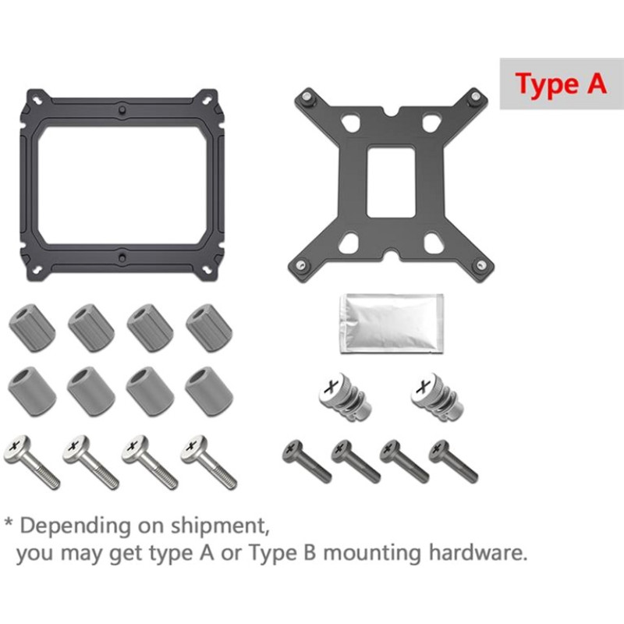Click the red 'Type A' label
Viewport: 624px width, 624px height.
pos(561,83)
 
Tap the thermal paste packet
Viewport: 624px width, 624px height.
pos(392,324)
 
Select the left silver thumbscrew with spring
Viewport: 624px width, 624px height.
pos(345,396)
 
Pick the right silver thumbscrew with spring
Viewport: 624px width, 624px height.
pos(437,396)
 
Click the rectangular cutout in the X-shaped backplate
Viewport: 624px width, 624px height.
pos(391,183)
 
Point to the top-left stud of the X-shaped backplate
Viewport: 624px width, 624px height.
pos(306,96)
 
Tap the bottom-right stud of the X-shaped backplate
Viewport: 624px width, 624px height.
pos(480,264)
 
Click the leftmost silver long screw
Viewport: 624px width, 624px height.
pos(31,461)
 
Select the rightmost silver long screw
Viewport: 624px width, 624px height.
pos(208,461)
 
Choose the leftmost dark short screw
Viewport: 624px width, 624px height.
pos(307,461)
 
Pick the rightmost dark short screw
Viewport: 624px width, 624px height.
pos(453,461)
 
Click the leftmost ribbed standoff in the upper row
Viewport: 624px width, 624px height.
pos(32,328)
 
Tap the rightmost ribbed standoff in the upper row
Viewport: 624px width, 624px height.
pos(209,328)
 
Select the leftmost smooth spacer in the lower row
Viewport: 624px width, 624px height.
pos(32,392)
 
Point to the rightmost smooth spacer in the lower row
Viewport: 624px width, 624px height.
pos(209,392)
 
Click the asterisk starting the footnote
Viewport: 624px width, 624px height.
pos(9,522)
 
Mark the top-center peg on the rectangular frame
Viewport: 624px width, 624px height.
pos(122,108)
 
